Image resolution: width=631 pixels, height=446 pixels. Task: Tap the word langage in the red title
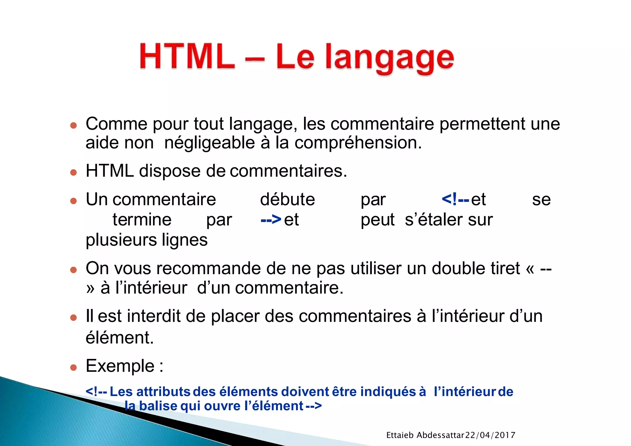[389, 59]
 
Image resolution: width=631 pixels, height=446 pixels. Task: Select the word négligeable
[210, 143]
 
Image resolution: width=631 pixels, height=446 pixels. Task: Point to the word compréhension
[358, 143]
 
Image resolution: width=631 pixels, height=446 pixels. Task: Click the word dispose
[170, 171]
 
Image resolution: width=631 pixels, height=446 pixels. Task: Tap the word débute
[287, 200]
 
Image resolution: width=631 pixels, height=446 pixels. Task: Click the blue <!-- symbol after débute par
[455, 199]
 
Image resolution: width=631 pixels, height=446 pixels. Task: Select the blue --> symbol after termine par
[271, 220]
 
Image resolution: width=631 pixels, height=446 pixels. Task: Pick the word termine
[142, 220]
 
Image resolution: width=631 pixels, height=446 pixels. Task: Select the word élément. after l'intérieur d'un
[120, 338]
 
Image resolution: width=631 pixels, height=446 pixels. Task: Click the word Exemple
[120, 366]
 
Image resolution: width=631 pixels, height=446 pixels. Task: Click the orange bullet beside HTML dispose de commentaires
[73, 172]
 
